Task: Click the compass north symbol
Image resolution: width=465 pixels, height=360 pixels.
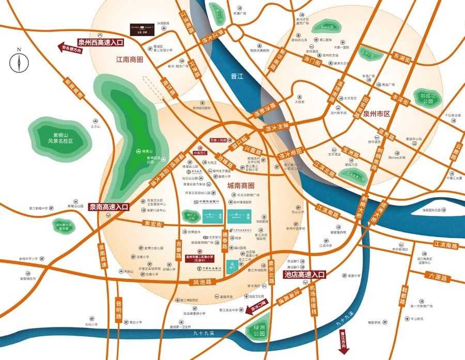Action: coord(19,62)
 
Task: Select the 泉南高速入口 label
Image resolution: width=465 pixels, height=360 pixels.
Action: coord(109,206)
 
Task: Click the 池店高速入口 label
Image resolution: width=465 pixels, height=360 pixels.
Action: coord(305,275)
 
